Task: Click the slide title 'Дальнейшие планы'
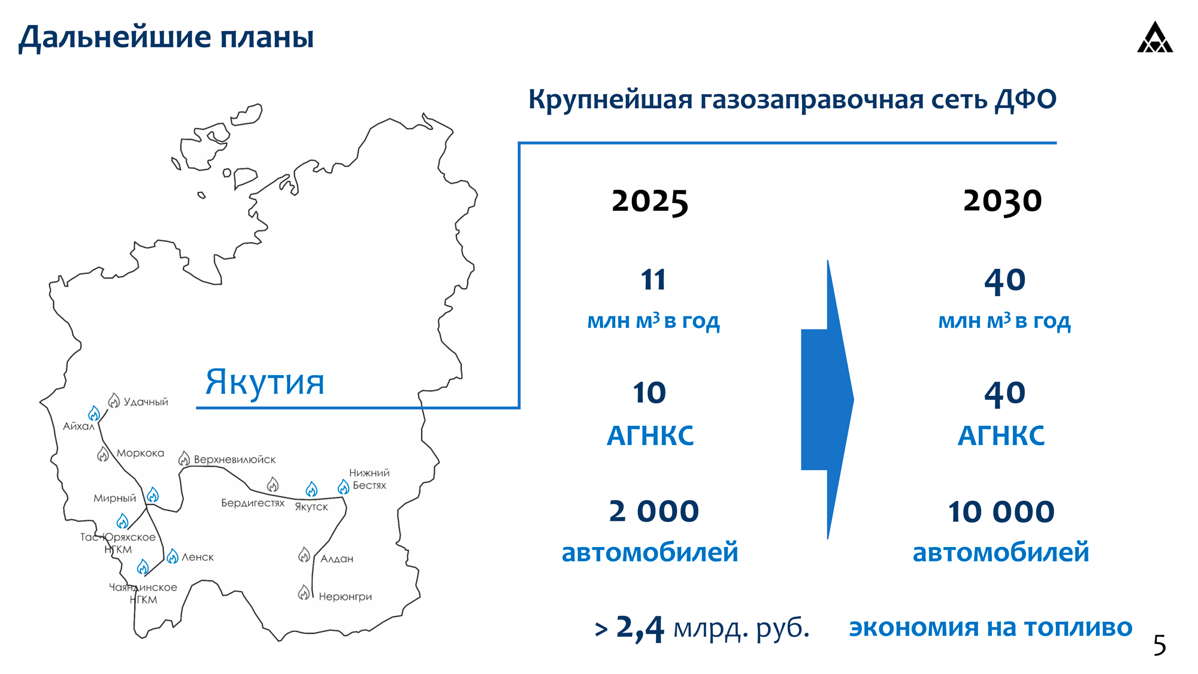pyautogui.click(x=166, y=37)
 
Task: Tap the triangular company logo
pyautogui.click(x=1155, y=38)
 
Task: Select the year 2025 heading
pyautogui.click(x=650, y=201)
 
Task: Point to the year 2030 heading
pyautogui.click(x=1002, y=201)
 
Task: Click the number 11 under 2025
pyautogui.click(x=653, y=280)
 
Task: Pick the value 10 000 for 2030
pyautogui.click(x=1001, y=512)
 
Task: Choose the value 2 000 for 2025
pyautogui.click(x=654, y=511)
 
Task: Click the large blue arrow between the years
pyautogui.click(x=827, y=400)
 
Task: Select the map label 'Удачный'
pyautogui.click(x=146, y=402)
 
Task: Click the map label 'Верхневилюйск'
pyautogui.click(x=235, y=460)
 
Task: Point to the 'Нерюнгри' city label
pyautogui.click(x=345, y=597)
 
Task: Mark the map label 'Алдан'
pyautogui.click(x=337, y=559)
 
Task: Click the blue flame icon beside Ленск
pyautogui.click(x=173, y=557)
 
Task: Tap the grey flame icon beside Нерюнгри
pyautogui.click(x=304, y=593)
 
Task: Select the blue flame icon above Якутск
pyautogui.click(x=311, y=489)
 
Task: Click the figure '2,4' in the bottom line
pyautogui.click(x=640, y=628)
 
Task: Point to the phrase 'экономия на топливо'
pyautogui.click(x=991, y=627)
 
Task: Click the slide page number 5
pyautogui.click(x=1160, y=645)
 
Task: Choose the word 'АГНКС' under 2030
pyautogui.click(x=1001, y=436)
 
